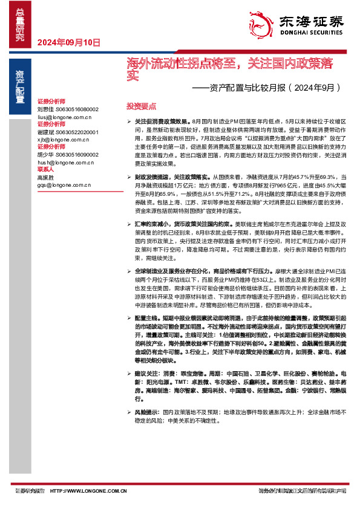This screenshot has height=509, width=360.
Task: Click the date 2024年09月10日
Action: point(68,42)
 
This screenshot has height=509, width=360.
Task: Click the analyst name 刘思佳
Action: point(45,109)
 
